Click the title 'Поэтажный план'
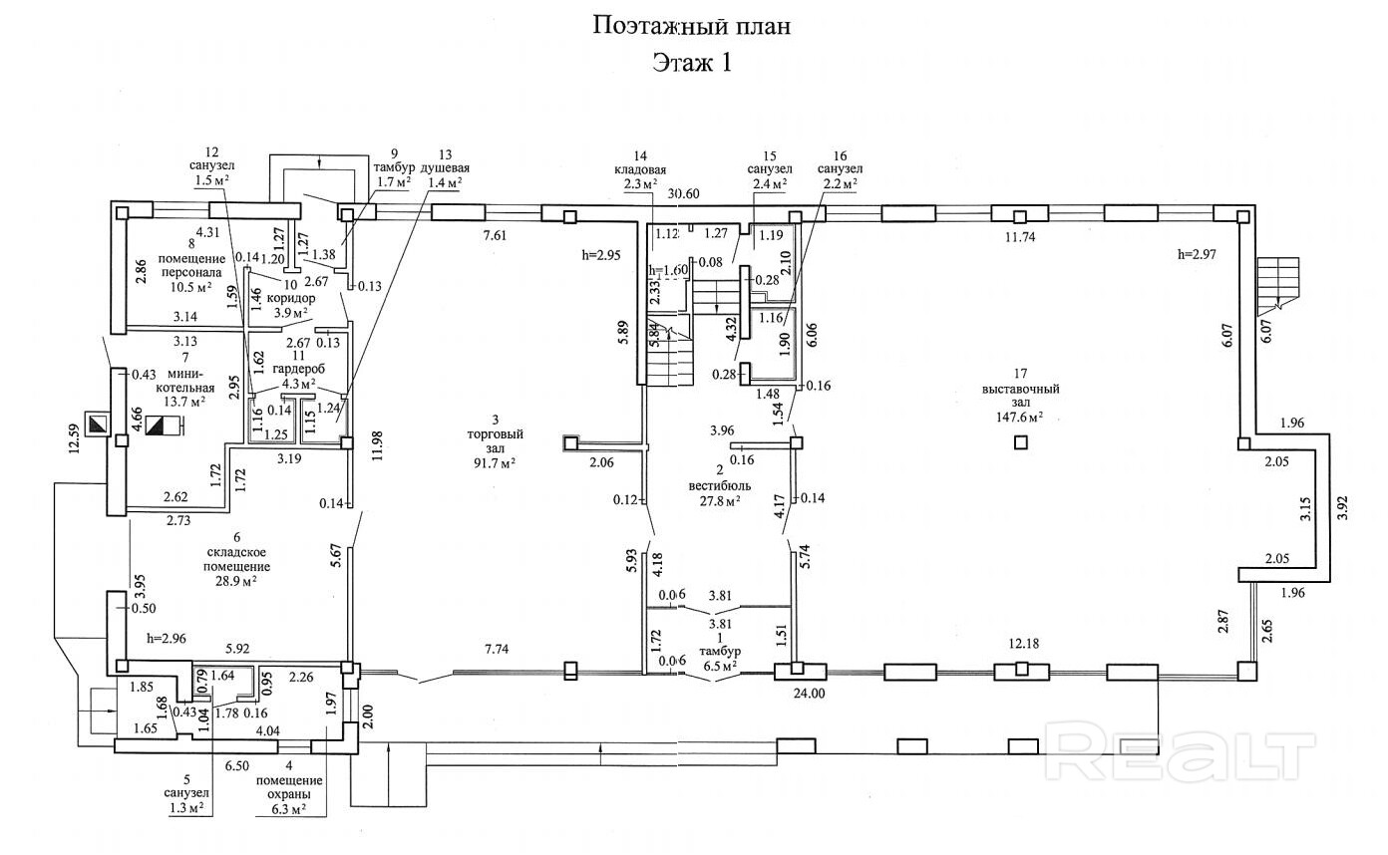point(692,25)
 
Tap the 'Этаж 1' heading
point(692,63)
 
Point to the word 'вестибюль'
point(719,485)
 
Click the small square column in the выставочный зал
point(1019,442)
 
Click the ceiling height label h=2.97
point(1198,255)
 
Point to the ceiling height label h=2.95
point(601,255)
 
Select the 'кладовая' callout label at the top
point(640,169)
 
